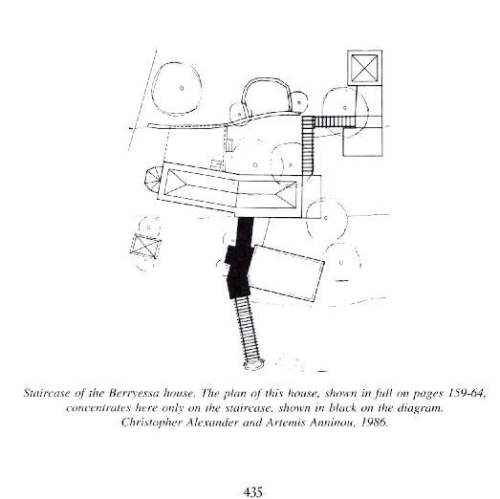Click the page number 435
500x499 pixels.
point(252,491)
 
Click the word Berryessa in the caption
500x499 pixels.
point(134,393)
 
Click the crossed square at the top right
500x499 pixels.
point(364,68)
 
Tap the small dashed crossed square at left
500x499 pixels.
point(145,247)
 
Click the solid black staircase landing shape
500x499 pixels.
point(239,258)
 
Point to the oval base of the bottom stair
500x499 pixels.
point(254,364)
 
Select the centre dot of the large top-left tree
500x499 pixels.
point(182,88)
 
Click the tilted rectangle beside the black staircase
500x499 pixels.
point(286,273)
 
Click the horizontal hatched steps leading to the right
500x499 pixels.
point(335,121)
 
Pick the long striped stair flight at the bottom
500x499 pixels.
point(248,330)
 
